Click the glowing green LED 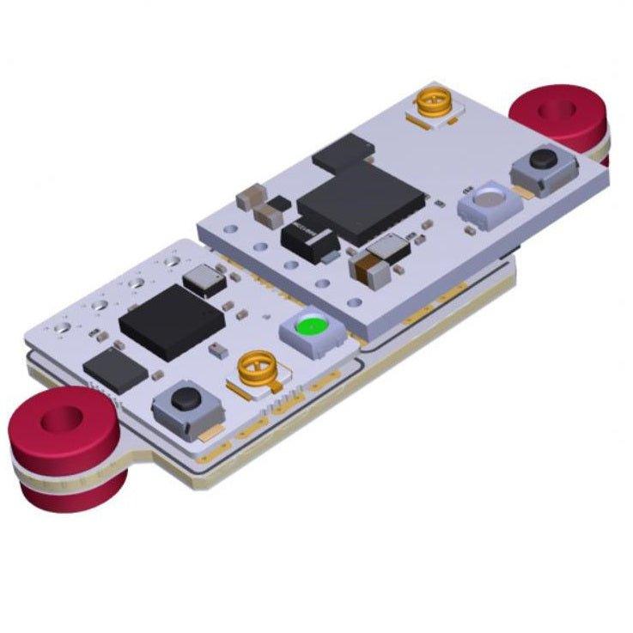click(310, 329)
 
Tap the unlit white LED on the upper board click(487, 201)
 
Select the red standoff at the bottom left click(64, 447)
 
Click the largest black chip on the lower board click(173, 321)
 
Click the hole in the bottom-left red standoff click(65, 419)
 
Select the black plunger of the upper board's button click(542, 159)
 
